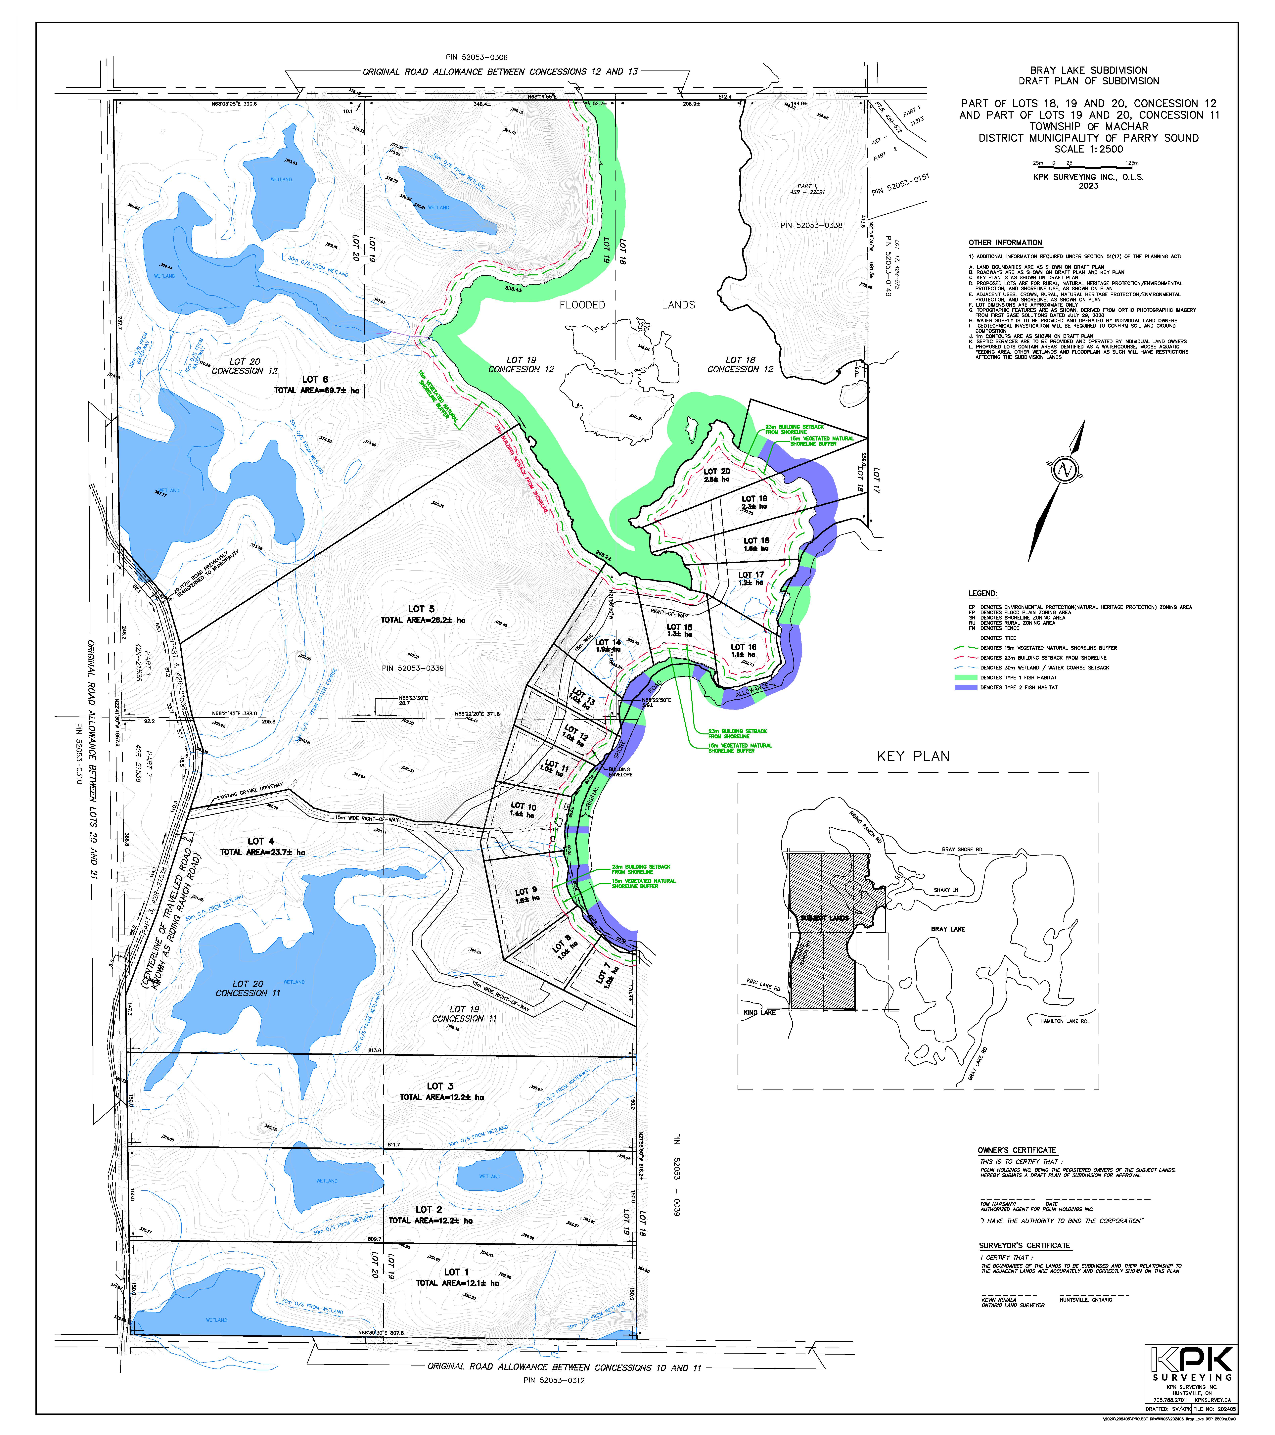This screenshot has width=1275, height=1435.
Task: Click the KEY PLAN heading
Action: tap(913, 756)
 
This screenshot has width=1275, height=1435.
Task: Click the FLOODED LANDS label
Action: tap(627, 305)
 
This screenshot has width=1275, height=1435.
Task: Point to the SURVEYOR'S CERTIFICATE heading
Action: tap(1024, 1245)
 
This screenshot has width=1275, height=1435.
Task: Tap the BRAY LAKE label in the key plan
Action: tap(948, 929)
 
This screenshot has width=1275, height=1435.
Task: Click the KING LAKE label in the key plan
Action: tap(759, 1012)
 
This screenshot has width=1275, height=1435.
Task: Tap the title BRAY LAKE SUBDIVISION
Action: tap(1088, 70)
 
